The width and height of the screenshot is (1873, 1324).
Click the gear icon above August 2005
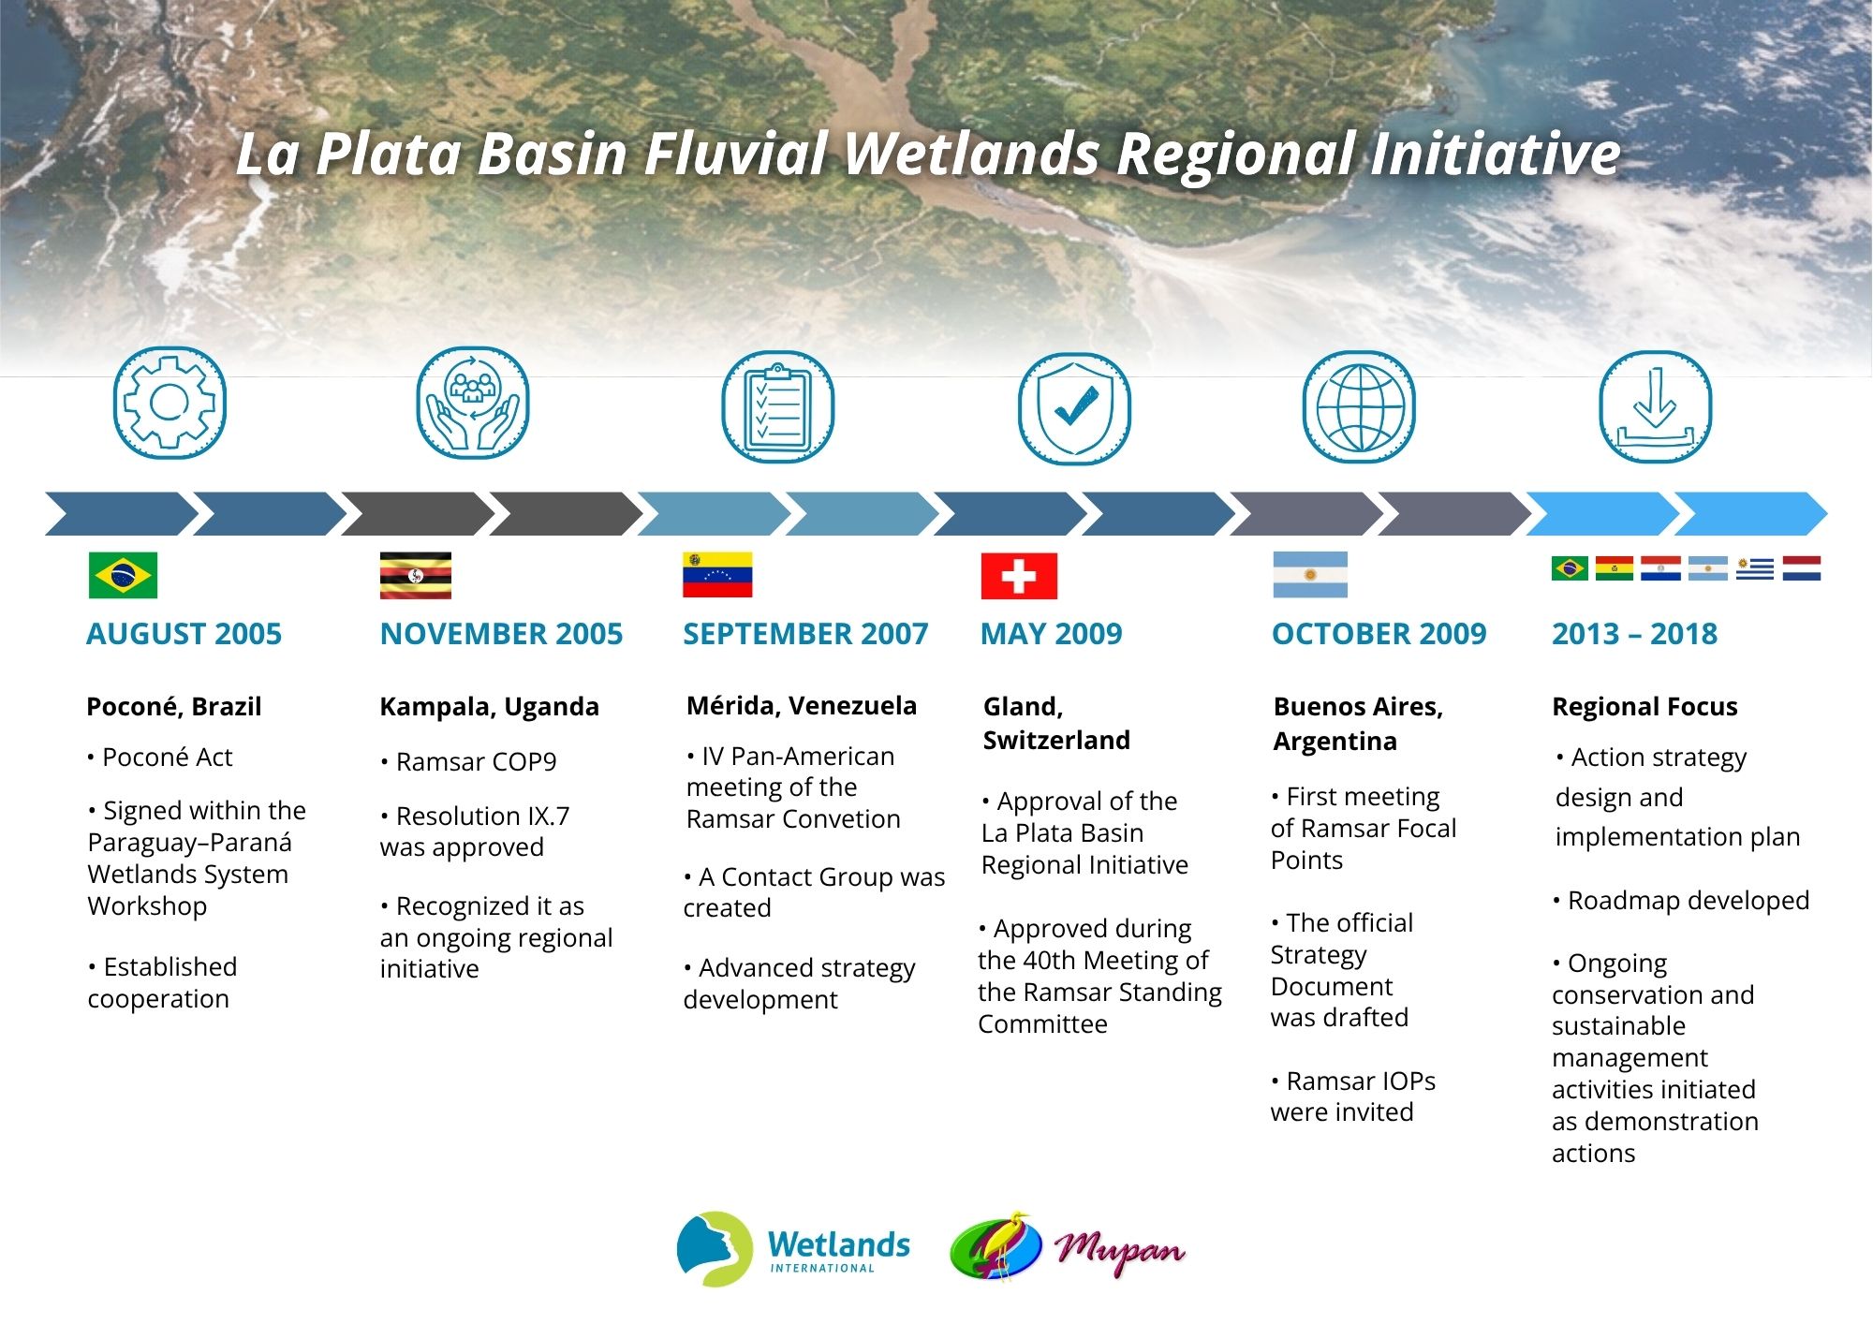170,404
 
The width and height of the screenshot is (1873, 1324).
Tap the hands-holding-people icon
473,404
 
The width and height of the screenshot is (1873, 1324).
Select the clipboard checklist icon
777,407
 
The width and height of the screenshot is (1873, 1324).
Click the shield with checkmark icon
1074,408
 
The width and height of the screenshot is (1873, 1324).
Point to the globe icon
1359,407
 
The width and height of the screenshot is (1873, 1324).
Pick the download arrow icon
1655,407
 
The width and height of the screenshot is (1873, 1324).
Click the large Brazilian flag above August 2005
123,575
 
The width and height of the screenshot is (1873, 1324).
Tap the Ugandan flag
415,575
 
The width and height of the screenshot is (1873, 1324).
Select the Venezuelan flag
717,575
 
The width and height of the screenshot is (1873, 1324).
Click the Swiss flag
1019,576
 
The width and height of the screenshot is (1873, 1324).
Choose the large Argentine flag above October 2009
1310,575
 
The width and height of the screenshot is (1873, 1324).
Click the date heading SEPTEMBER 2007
805,634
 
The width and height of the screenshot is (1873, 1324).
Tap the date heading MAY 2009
1051,634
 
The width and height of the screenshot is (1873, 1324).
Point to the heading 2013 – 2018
1634,634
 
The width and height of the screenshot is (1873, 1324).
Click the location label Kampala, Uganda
489,707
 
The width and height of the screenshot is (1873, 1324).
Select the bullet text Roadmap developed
1681,901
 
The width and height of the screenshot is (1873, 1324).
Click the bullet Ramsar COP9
468,762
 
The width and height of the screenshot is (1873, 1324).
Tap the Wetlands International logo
793,1249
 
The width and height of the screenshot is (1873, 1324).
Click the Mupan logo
1068,1246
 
